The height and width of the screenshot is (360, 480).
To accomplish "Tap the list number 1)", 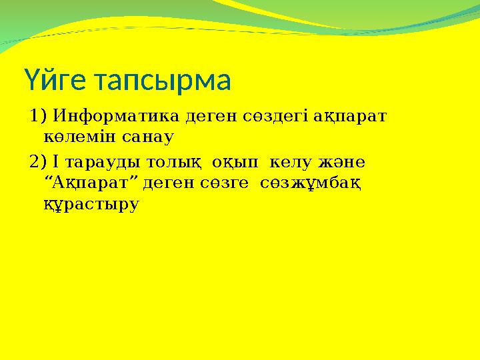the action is click(x=37, y=116).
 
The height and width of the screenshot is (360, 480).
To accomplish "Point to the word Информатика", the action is click(x=116, y=116).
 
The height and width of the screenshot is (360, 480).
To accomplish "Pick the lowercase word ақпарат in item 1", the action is click(x=350, y=117).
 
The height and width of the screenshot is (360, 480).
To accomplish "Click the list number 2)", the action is click(x=37, y=161).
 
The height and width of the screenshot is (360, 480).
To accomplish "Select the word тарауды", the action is click(x=103, y=163).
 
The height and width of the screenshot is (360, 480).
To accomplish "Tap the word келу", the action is click(x=290, y=163).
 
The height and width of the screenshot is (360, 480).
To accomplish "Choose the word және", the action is click(x=341, y=162).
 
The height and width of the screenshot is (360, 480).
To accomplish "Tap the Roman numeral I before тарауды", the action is click(x=55, y=161).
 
